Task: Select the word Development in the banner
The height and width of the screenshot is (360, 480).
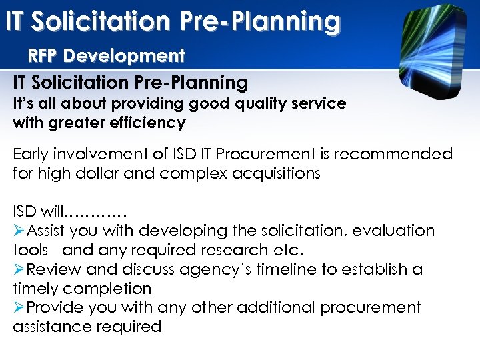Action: point(125,55)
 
